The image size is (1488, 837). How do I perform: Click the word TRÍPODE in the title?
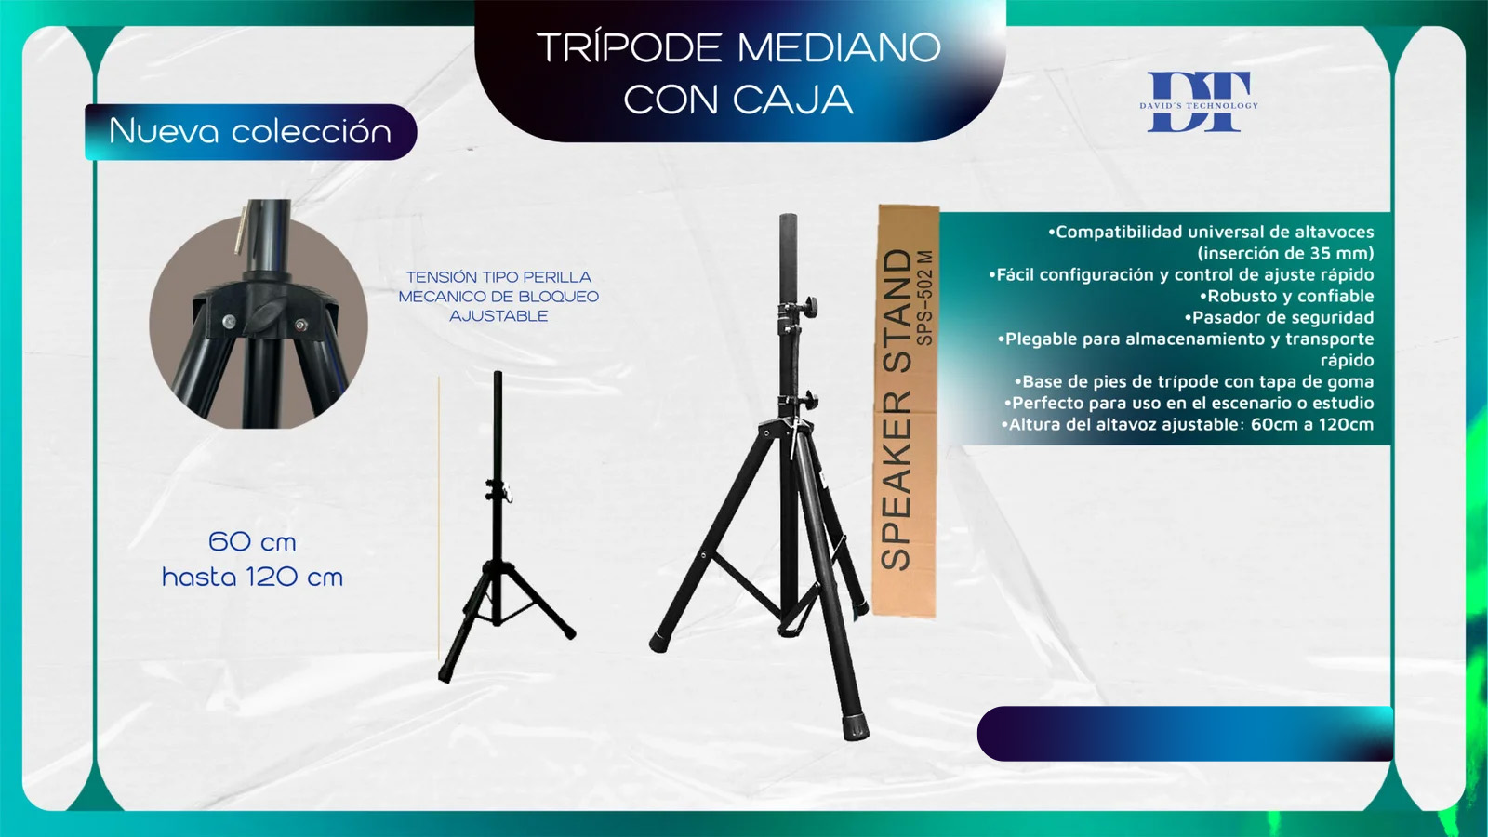click(x=629, y=47)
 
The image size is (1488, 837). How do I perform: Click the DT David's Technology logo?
click(x=1199, y=101)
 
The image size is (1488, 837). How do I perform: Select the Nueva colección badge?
click(x=250, y=131)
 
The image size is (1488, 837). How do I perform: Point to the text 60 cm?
click(x=252, y=542)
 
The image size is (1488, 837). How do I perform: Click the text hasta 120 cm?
click(x=252, y=577)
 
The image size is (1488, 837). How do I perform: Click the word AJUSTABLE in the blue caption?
click(x=498, y=316)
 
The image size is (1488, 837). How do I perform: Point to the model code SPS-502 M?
click(x=924, y=298)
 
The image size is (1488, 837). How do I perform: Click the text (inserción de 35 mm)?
click(x=1285, y=253)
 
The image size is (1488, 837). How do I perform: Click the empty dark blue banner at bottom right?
click(x=1185, y=734)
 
